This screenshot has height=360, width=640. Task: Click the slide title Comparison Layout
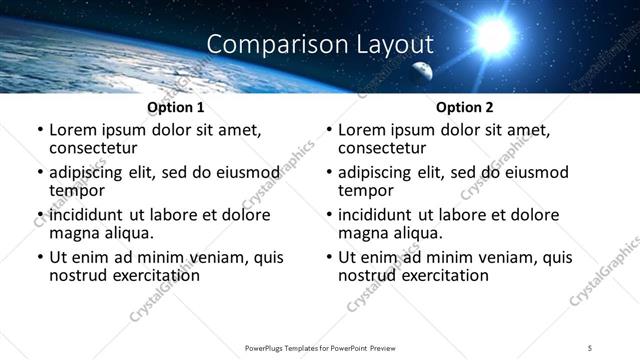[x=320, y=44]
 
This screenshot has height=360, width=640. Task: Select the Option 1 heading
[x=176, y=107]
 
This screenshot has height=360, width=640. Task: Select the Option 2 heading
[x=465, y=107]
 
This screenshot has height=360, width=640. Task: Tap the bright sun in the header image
[x=493, y=36]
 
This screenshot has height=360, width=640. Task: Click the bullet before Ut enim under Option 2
[x=329, y=258]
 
